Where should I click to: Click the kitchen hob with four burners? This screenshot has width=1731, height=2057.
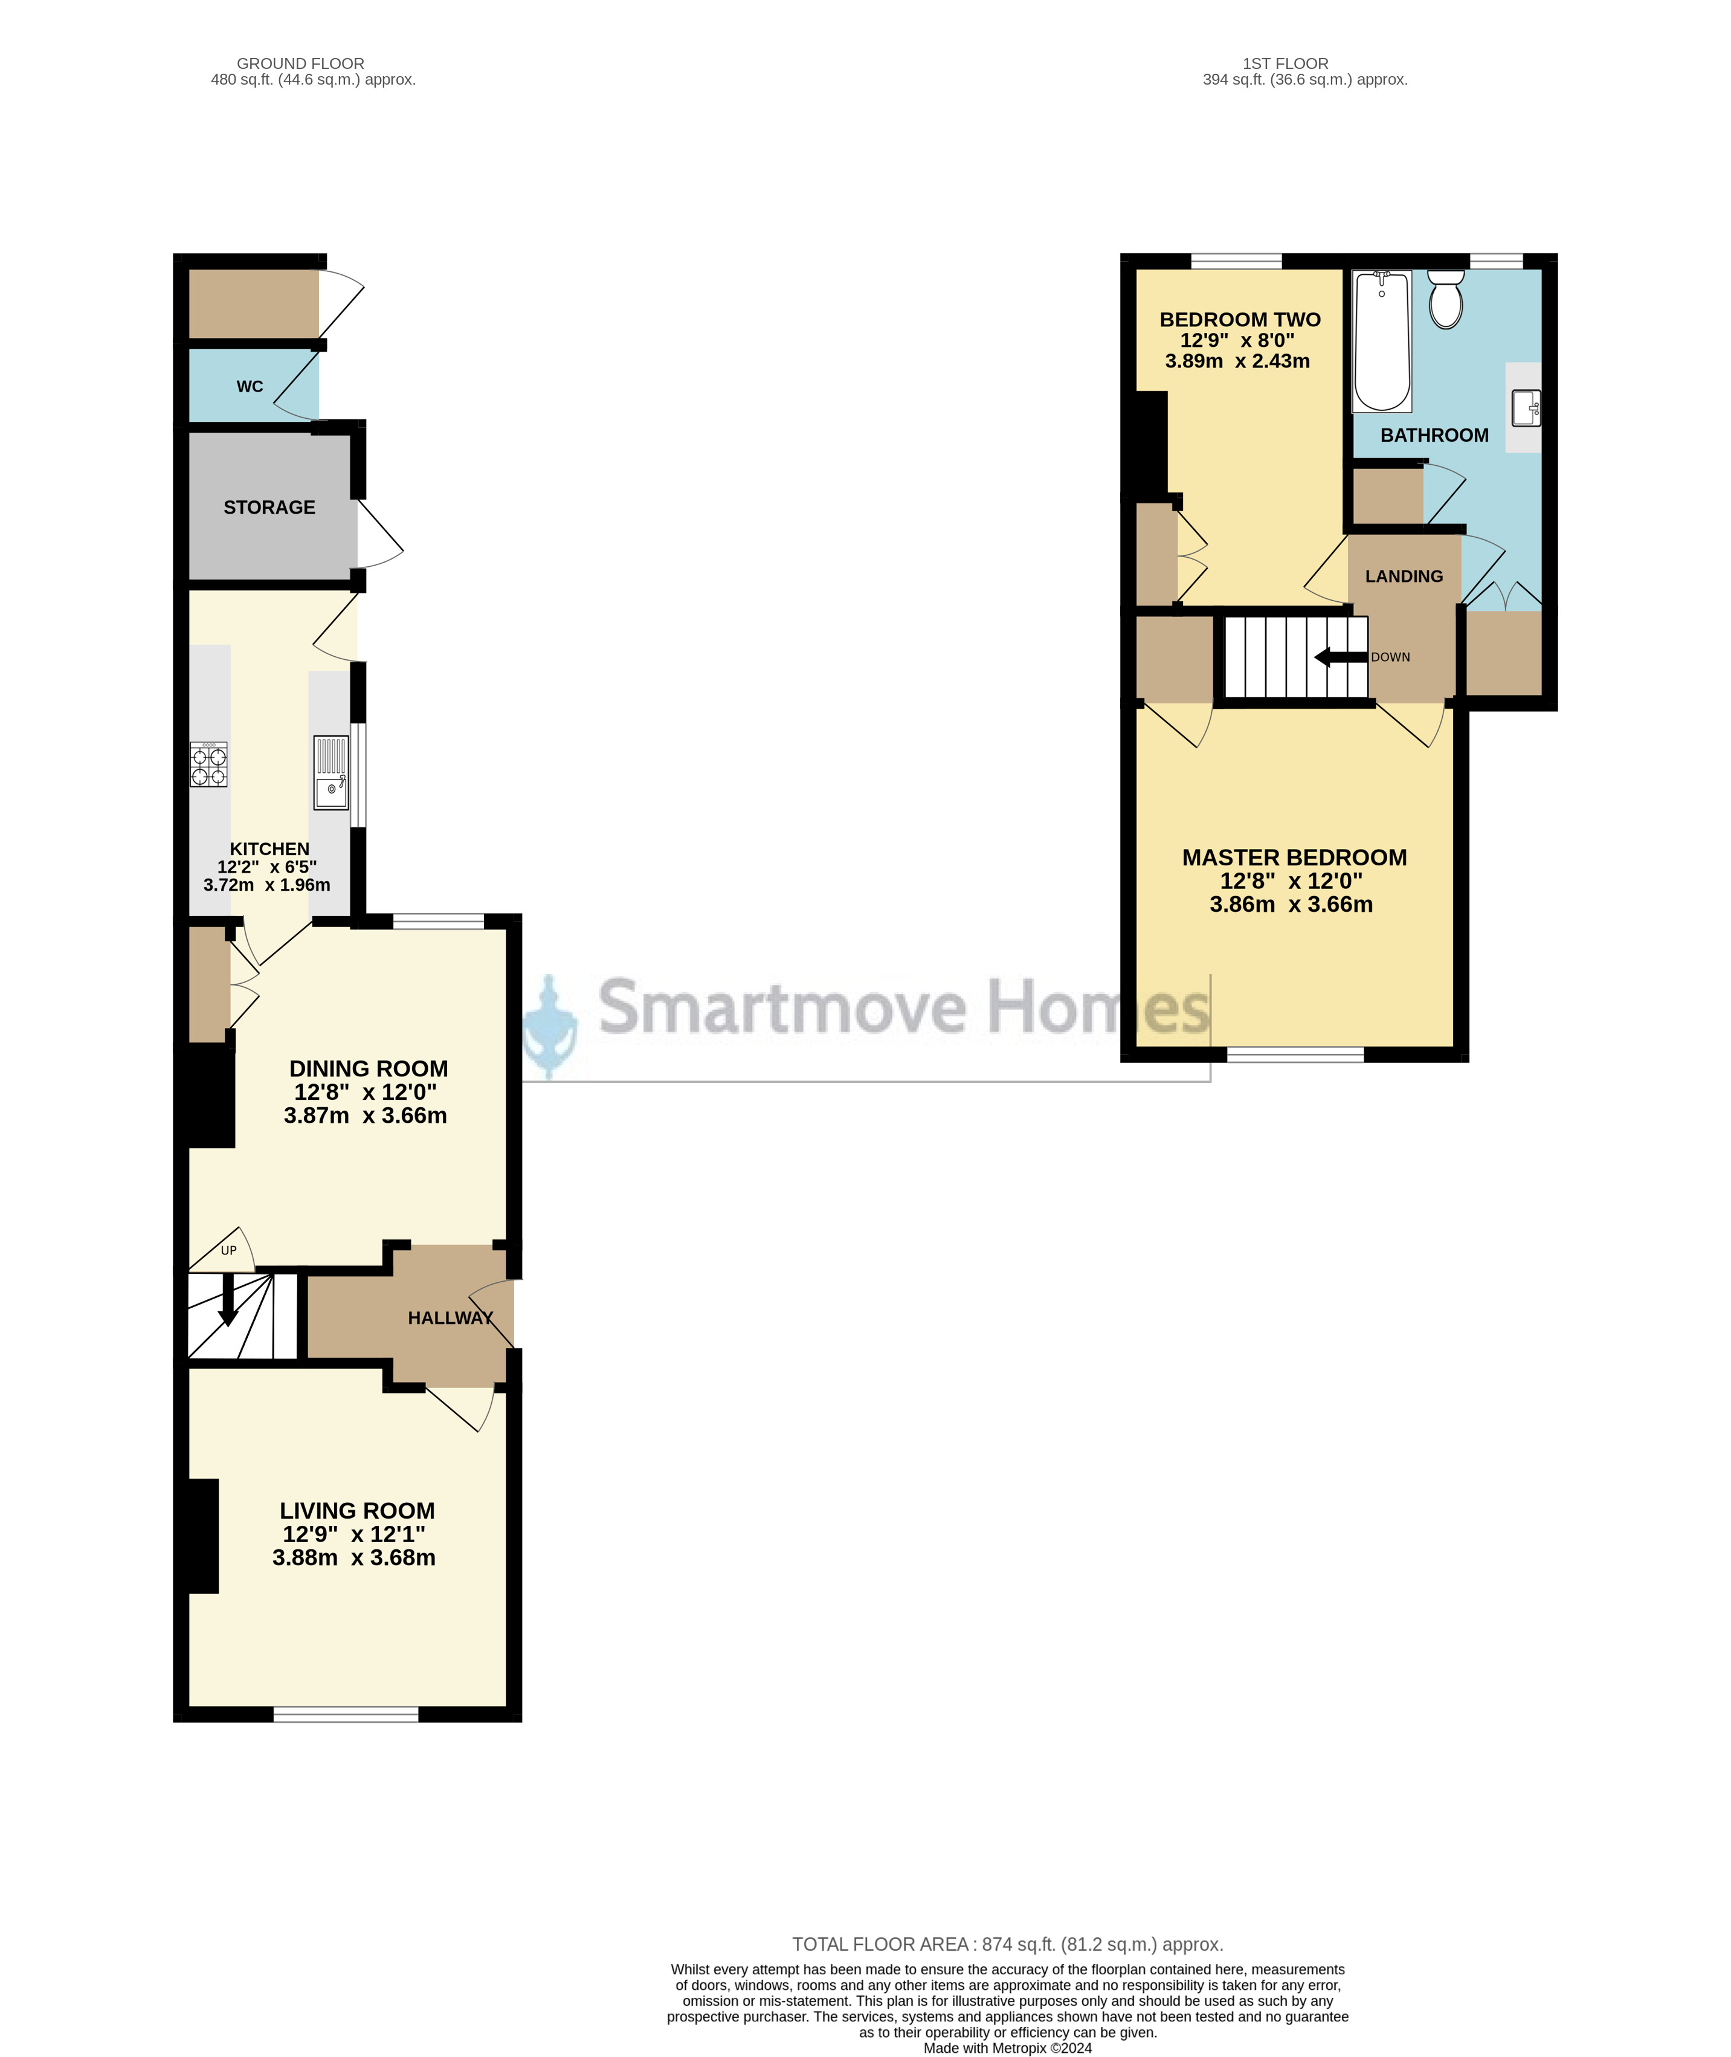[x=208, y=764]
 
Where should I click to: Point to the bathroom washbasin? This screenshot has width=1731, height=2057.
[x=1525, y=407]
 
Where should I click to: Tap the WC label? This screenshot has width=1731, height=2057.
[x=250, y=387]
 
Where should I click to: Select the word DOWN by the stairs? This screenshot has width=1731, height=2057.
[x=1390, y=657]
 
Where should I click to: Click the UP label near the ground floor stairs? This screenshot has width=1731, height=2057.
[x=228, y=1250]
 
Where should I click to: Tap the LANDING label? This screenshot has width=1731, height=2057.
[x=1404, y=576]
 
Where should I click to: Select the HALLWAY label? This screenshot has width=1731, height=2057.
[x=450, y=1318]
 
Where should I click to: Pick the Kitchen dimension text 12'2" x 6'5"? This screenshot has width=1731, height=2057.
[x=267, y=867]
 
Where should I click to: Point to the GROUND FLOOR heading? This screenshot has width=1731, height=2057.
[x=300, y=64]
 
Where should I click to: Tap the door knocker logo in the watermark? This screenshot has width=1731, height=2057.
[x=550, y=1025]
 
